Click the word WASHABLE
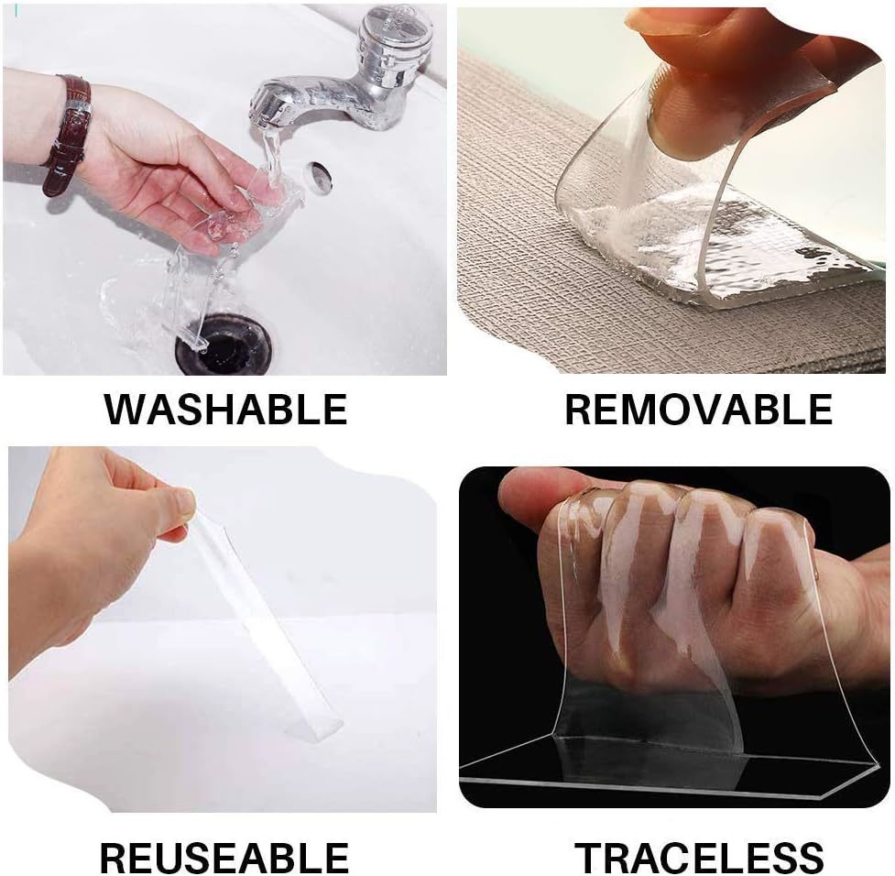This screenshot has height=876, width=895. click(x=225, y=409)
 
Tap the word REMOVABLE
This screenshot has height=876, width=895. click(x=698, y=409)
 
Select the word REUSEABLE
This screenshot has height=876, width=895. click(x=224, y=858)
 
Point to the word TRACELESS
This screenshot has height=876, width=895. click(x=699, y=858)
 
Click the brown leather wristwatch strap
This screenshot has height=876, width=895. click(x=70, y=135)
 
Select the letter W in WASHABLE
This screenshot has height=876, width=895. click(x=126, y=409)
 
